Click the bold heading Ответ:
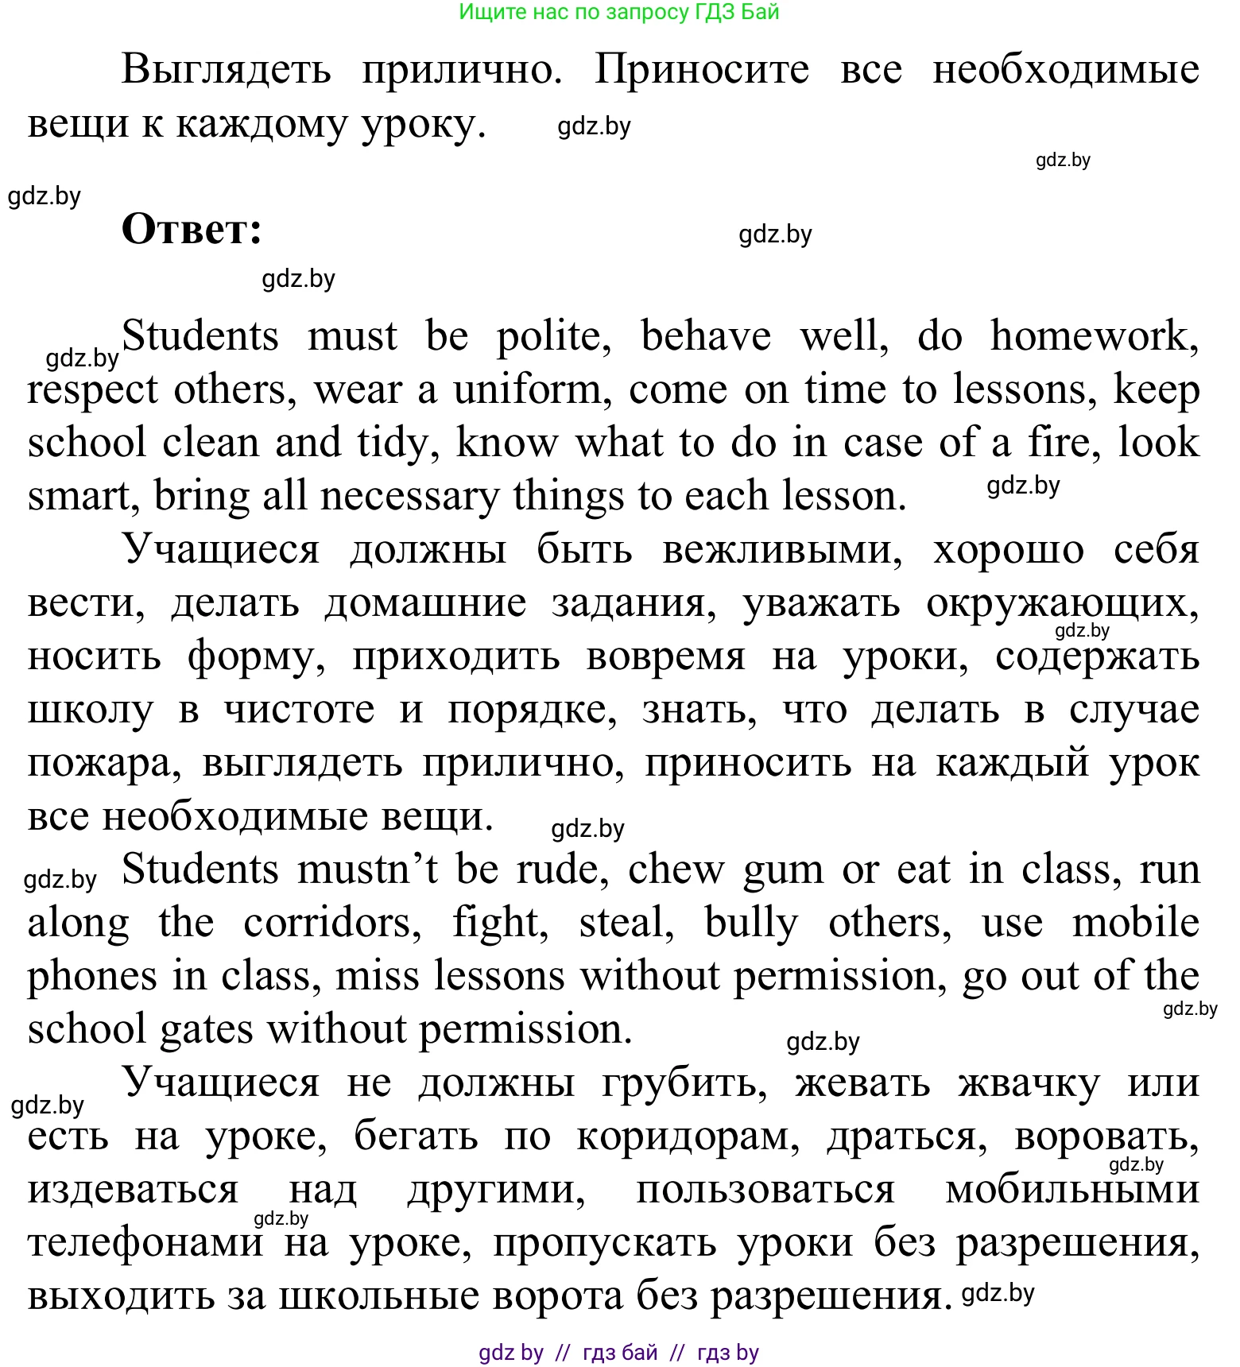(192, 230)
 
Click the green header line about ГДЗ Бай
(619, 12)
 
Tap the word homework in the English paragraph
(1094, 336)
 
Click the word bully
(751, 923)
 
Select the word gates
(206, 1030)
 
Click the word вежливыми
(782, 550)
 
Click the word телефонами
(145, 1244)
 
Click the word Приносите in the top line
(702, 69)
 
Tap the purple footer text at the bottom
(619, 1352)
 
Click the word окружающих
(1062, 604)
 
